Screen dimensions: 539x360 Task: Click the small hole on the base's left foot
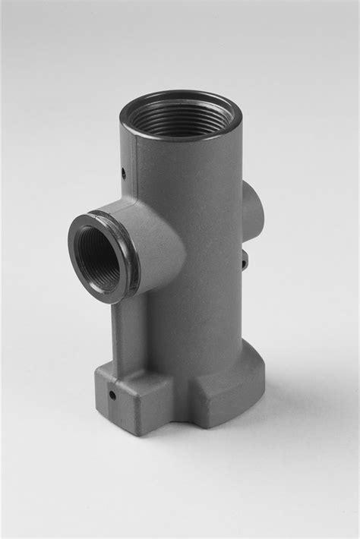click(112, 394)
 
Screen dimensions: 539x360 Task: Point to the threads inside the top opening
click(181, 121)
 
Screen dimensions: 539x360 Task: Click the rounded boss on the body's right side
click(253, 213)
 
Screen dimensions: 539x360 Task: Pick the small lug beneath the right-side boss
click(244, 261)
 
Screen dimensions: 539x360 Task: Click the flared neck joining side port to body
click(159, 243)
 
